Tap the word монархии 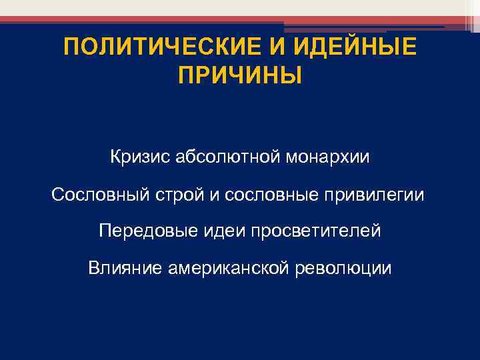pos(327,159)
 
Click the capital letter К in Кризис pos(116,159)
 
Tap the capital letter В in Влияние pos(93,268)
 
